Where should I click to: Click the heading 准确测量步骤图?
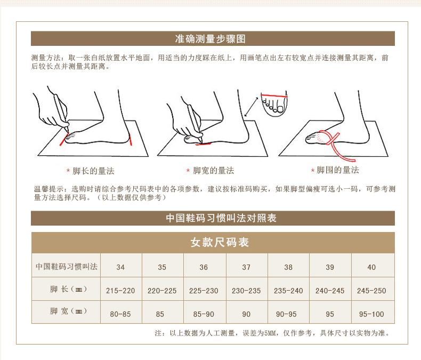(210, 39)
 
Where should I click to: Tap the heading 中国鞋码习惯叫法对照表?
(221, 218)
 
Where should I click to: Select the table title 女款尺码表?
(220, 242)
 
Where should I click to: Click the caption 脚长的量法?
(93, 171)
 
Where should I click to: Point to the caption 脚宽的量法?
(214, 170)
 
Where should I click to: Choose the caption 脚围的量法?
(338, 170)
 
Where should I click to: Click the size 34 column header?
(120, 267)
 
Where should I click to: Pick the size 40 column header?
(371, 267)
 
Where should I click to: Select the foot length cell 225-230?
(204, 291)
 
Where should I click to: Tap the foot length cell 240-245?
(330, 291)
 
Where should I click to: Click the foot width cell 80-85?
(120, 314)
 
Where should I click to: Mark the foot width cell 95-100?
(371, 314)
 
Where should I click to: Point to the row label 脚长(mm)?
(68, 289)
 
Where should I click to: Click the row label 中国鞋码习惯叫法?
(67, 267)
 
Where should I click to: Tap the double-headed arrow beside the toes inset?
(252, 107)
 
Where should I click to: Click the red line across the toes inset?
(274, 95)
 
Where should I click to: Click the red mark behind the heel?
(131, 139)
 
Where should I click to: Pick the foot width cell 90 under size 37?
(246, 314)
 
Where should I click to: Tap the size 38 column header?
(288, 267)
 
